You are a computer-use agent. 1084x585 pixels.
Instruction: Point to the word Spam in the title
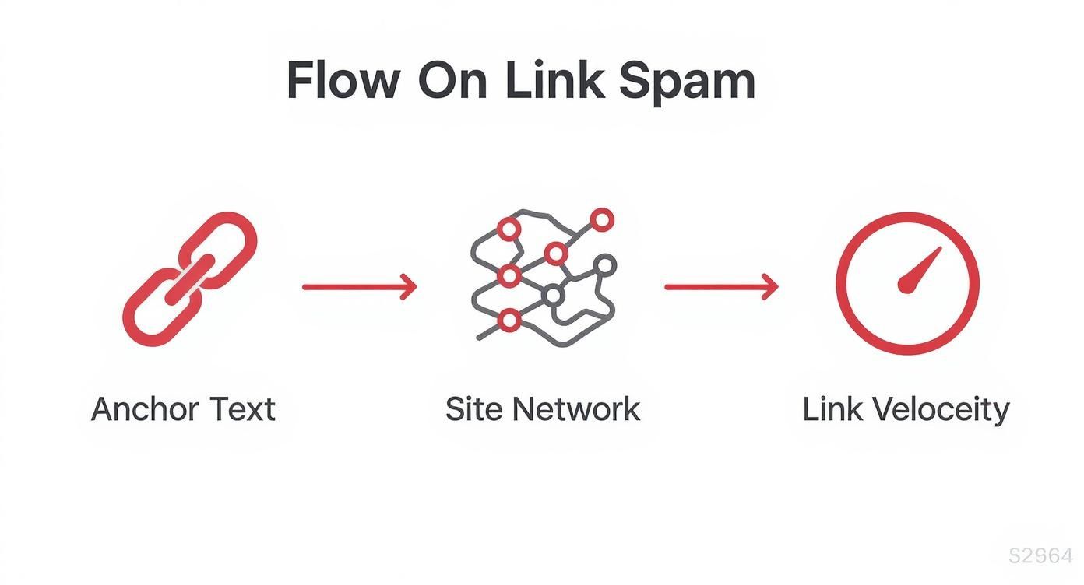coord(687,81)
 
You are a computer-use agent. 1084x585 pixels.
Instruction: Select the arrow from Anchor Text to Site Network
coord(359,287)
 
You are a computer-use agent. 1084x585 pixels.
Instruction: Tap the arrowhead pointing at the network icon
coord(409,287)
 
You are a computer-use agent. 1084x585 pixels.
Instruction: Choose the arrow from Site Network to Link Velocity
coord(721,287)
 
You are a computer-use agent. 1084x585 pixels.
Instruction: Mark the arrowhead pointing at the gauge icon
coord(770,287)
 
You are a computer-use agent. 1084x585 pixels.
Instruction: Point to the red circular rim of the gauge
coord(907,217)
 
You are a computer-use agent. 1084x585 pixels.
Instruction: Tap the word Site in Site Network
coord(470,409)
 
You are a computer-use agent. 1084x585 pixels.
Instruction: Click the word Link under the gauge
coord(830,409)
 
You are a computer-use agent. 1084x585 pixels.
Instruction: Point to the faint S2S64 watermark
coord(1040,556)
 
